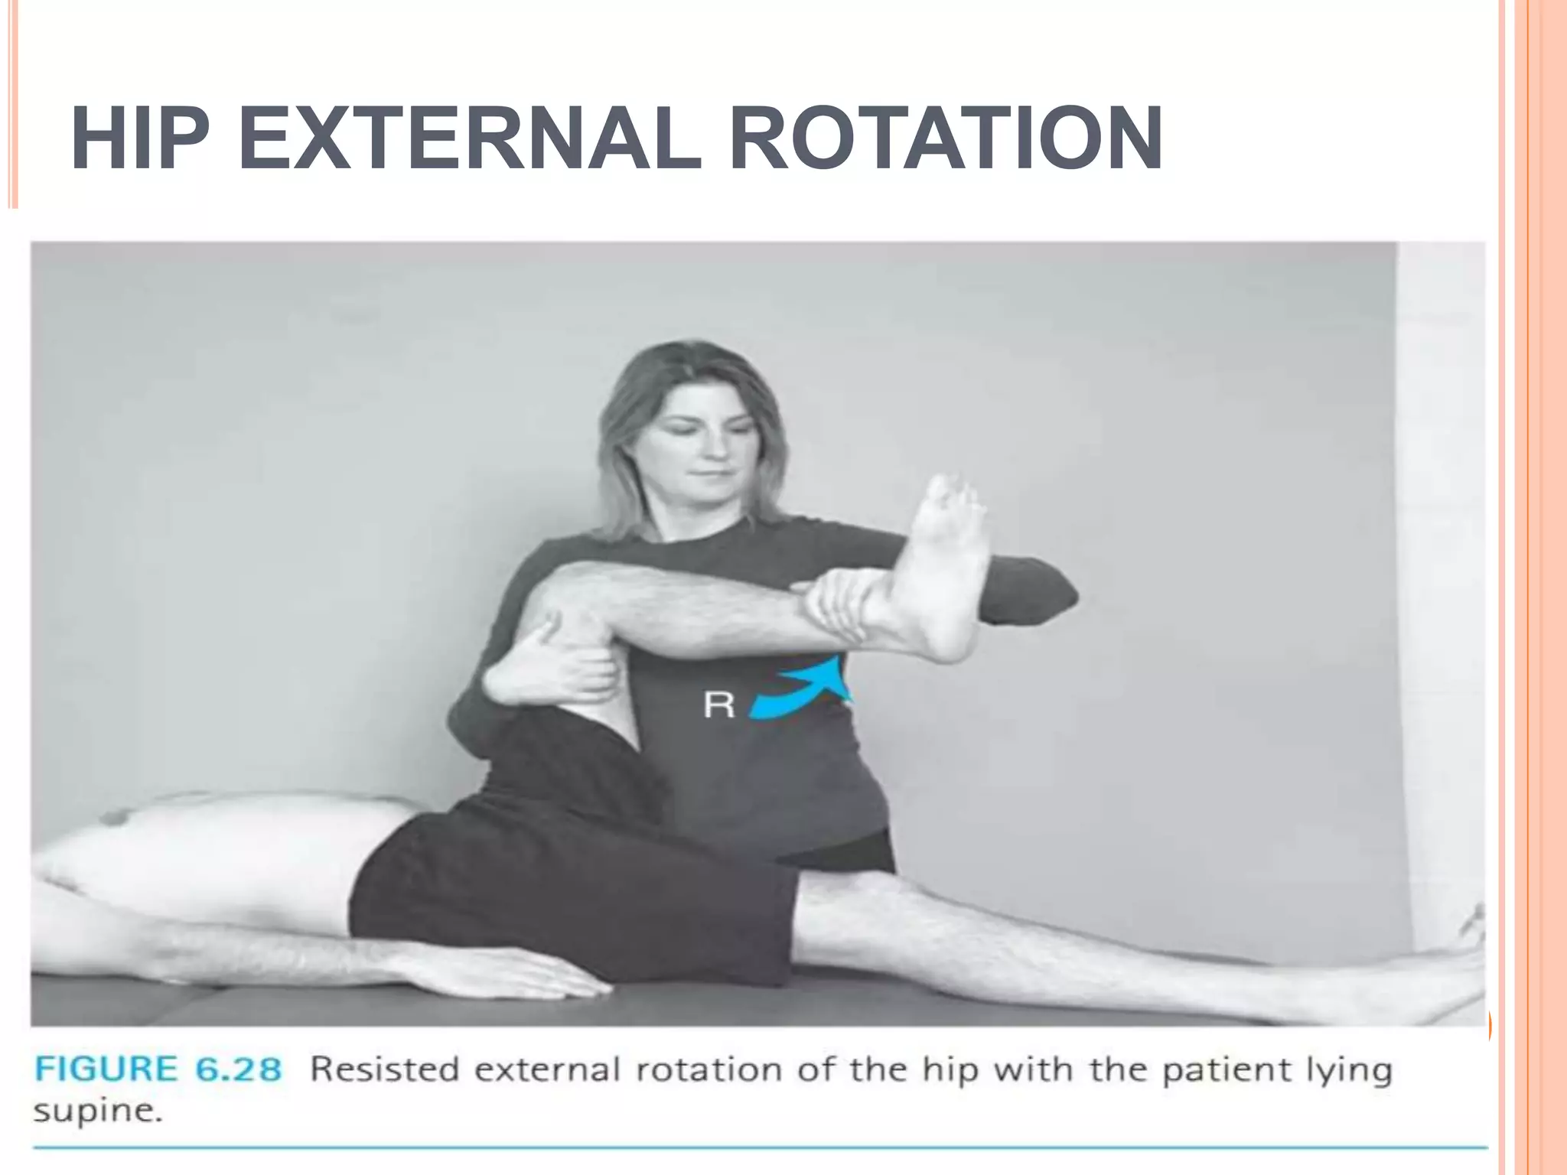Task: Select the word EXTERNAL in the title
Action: pos(469,139)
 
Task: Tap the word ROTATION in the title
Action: pos(946,139)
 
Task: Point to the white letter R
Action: pos(718,705)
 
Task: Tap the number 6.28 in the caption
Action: pos(238,1069)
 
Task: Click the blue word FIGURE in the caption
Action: pos(106,1069)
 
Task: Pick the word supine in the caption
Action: pos(97,1111)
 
